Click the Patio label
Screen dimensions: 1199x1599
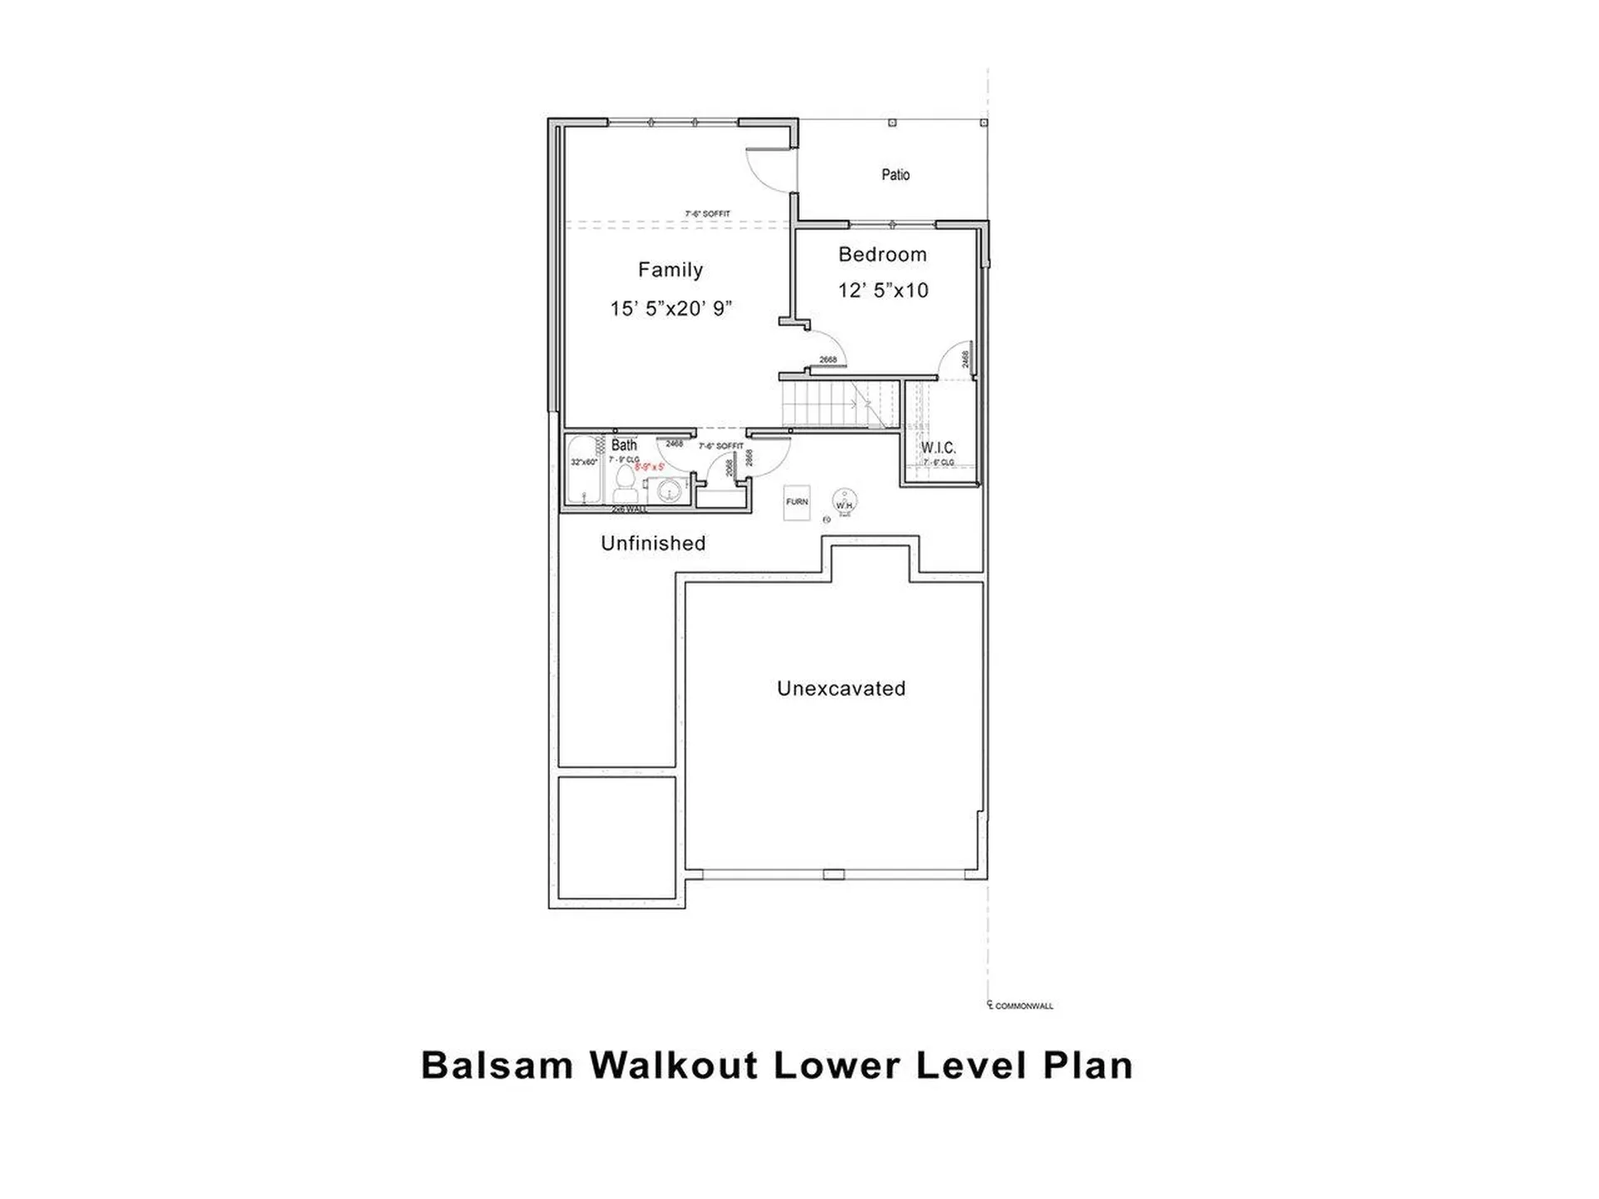click(x=895, y=175)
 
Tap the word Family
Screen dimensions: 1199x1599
click(x=670, y=270)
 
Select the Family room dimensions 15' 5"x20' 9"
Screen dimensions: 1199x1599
click(x=670, y=309)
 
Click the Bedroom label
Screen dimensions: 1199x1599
click(x=882, y=255)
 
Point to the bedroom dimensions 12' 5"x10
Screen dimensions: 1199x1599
click(x=883, y=291)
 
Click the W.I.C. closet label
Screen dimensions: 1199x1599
click(x=938, y=448)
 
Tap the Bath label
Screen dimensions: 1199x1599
click(x=624, y=445)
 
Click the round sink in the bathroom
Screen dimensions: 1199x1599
click(x=668, y=491)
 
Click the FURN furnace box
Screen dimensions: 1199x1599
click(x=796, y=502)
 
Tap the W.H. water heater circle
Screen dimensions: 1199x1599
click(x=844, y=502)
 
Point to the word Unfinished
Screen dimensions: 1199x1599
click(x=653, y=544)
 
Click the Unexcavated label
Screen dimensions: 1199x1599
click(x=841, y=689)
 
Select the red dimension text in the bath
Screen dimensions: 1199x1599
click(x=650, y=467)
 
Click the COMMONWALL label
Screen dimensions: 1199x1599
click(x=1024, y=1006)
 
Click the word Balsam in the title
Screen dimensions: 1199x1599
click(x=497, y=1066)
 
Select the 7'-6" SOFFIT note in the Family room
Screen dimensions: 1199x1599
click(x=707, y=214)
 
